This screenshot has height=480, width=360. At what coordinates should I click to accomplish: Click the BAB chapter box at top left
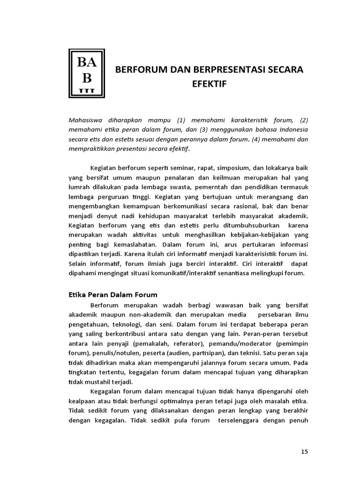pyautogui.click(x=87, y=74)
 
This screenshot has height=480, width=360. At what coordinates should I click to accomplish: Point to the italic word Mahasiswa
pyautogui.click(x=85, y=119)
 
